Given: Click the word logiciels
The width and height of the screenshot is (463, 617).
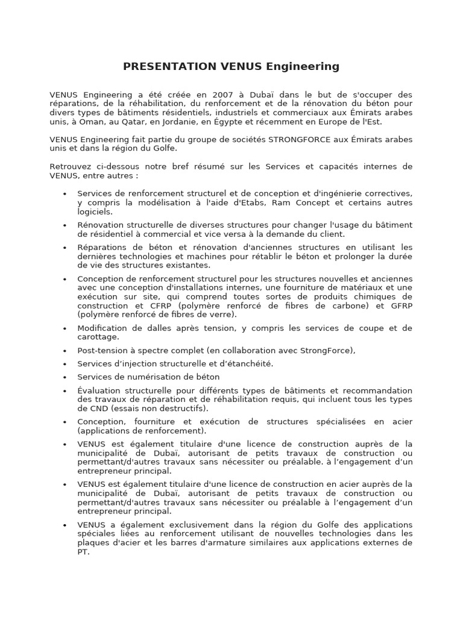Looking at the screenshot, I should pos(95,211).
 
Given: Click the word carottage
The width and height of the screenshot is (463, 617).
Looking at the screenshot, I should pos(97,337).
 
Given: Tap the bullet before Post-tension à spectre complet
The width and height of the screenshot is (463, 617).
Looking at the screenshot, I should pos(65,351).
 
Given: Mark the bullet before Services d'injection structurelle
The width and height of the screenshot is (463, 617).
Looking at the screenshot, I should pos(65,364).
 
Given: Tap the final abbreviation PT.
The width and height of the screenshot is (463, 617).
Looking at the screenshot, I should pos(83,551).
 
